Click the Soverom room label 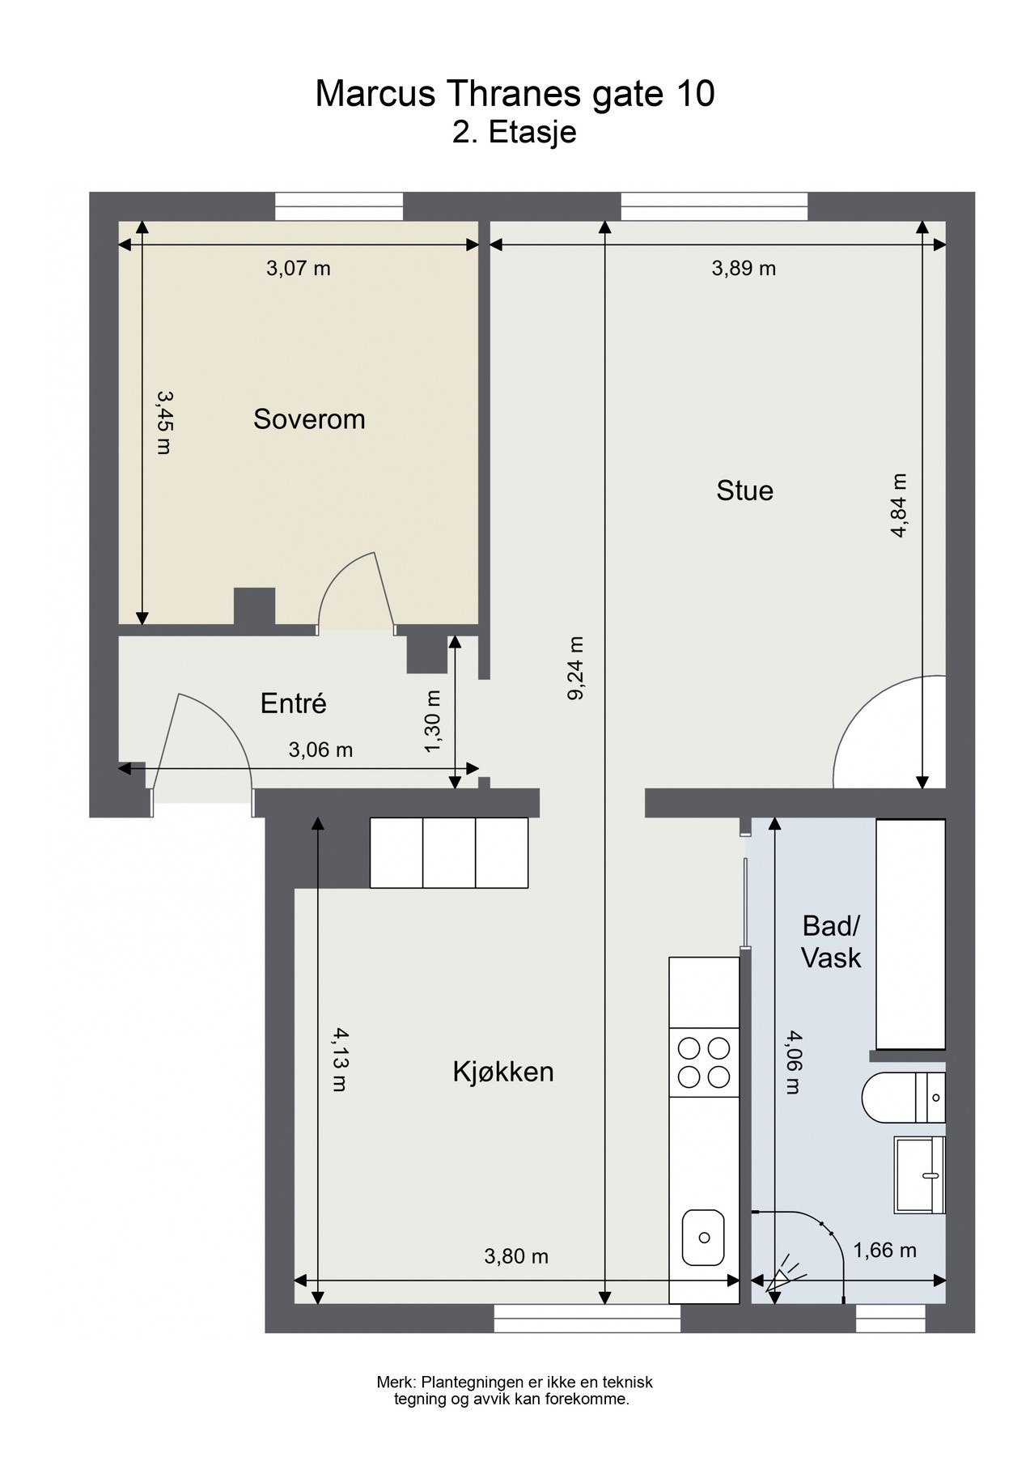[309, 419]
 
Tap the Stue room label [744, 491]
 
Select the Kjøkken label [503, 1072]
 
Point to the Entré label [293, 703]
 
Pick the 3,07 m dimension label [299, 268]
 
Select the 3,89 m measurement [744, 268]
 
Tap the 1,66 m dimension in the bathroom [884, 1251]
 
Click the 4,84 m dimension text [900, 505]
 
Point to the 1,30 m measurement [433, 721]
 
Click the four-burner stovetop [704, 1063]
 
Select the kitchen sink [704, 1237]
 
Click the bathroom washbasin [920, 1175]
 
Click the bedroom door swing [356, 591]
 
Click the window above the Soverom [338, 206]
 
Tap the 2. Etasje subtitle [515, 132]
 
